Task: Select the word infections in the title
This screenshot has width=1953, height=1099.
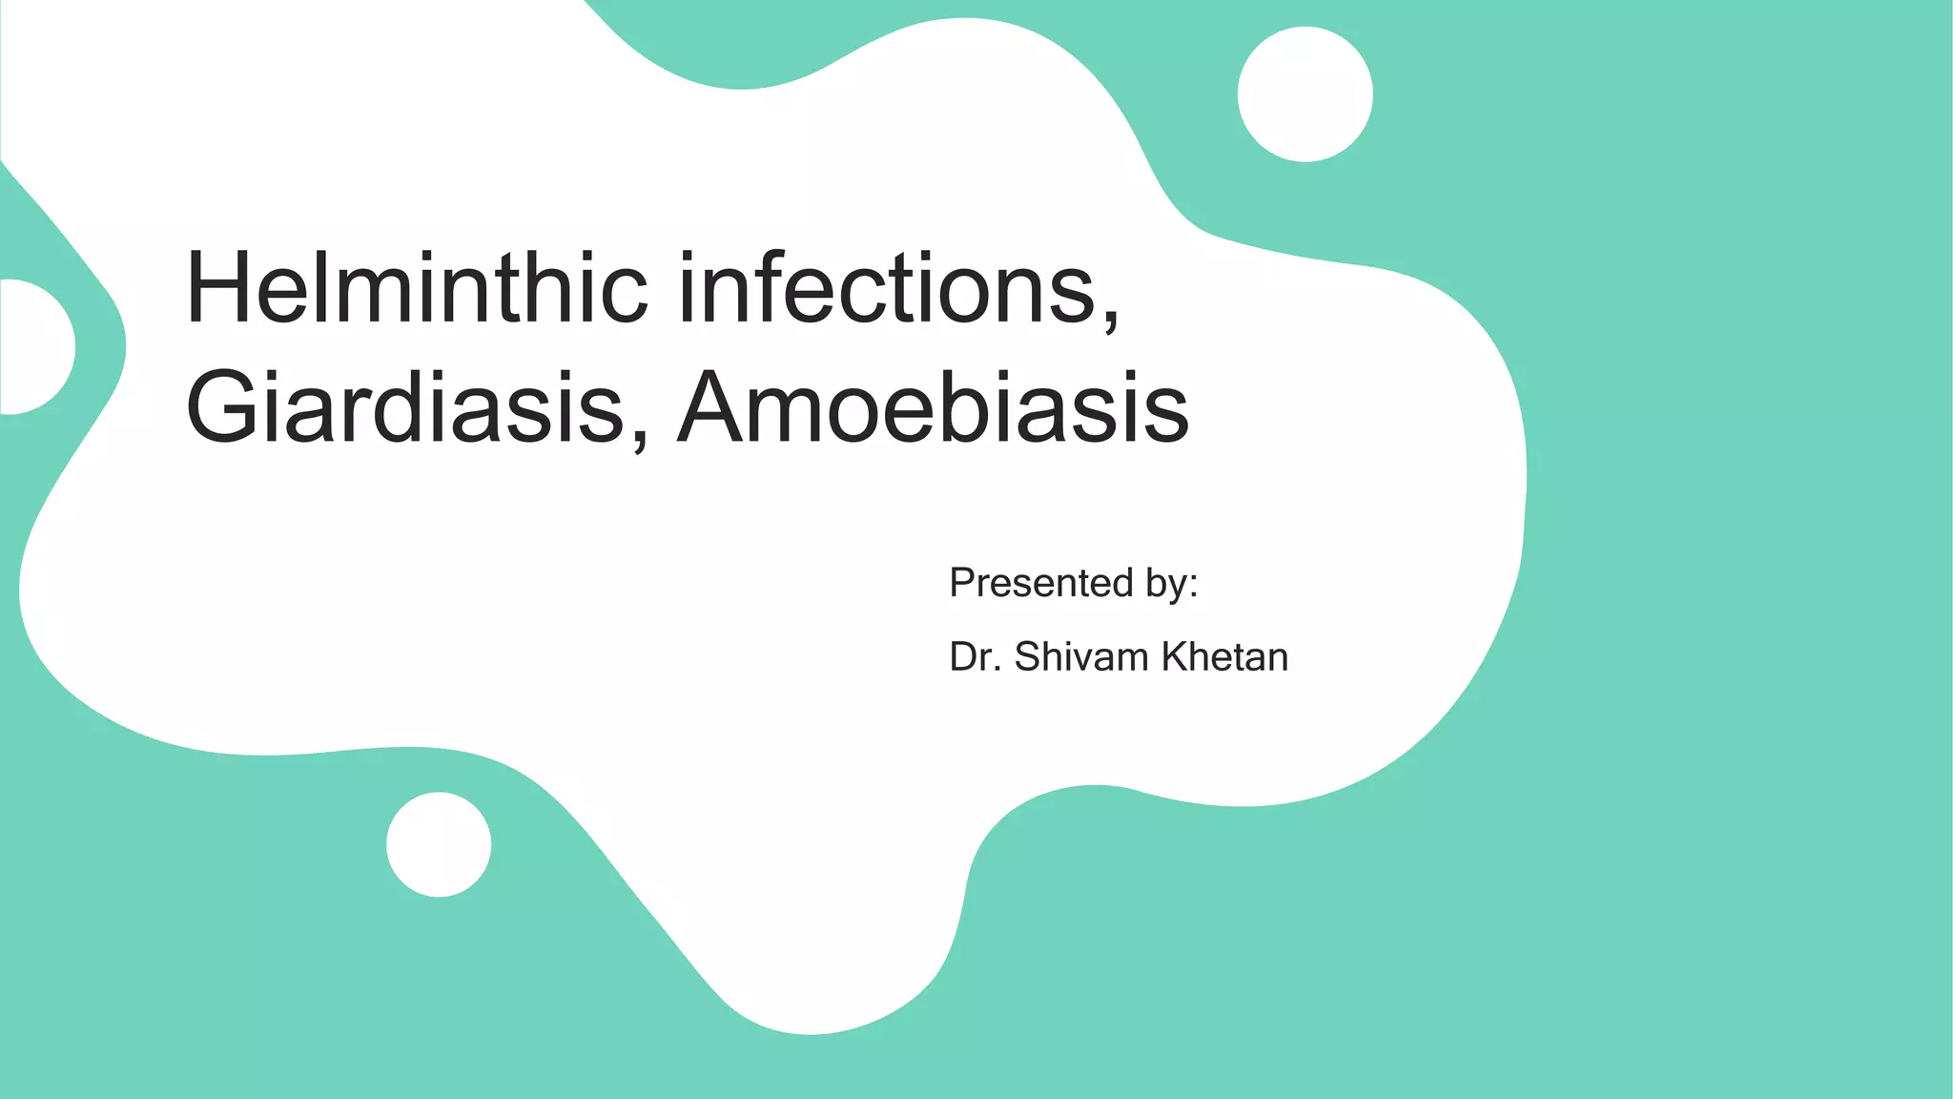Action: click(887, 288)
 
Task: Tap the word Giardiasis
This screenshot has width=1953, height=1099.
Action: click(405, 408)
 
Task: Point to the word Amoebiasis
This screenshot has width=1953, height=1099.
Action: click(933, 408)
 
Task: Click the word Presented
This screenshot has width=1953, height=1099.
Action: click(1040, 582)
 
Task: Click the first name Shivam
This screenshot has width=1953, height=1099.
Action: click(1081, 657)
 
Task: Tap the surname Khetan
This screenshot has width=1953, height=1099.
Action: click(1224, 657)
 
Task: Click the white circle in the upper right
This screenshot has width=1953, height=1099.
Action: click(1305, 94)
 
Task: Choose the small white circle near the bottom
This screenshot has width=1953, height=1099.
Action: click(439, 844)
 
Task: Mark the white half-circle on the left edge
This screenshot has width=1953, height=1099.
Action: click(33, 347)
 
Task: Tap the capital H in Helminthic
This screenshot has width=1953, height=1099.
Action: click(219, 288)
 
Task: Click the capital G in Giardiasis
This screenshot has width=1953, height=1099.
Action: click(221, 408)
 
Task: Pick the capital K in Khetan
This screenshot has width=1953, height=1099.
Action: click(1175, 657)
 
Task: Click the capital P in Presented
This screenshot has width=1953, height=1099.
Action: click(963, 582)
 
